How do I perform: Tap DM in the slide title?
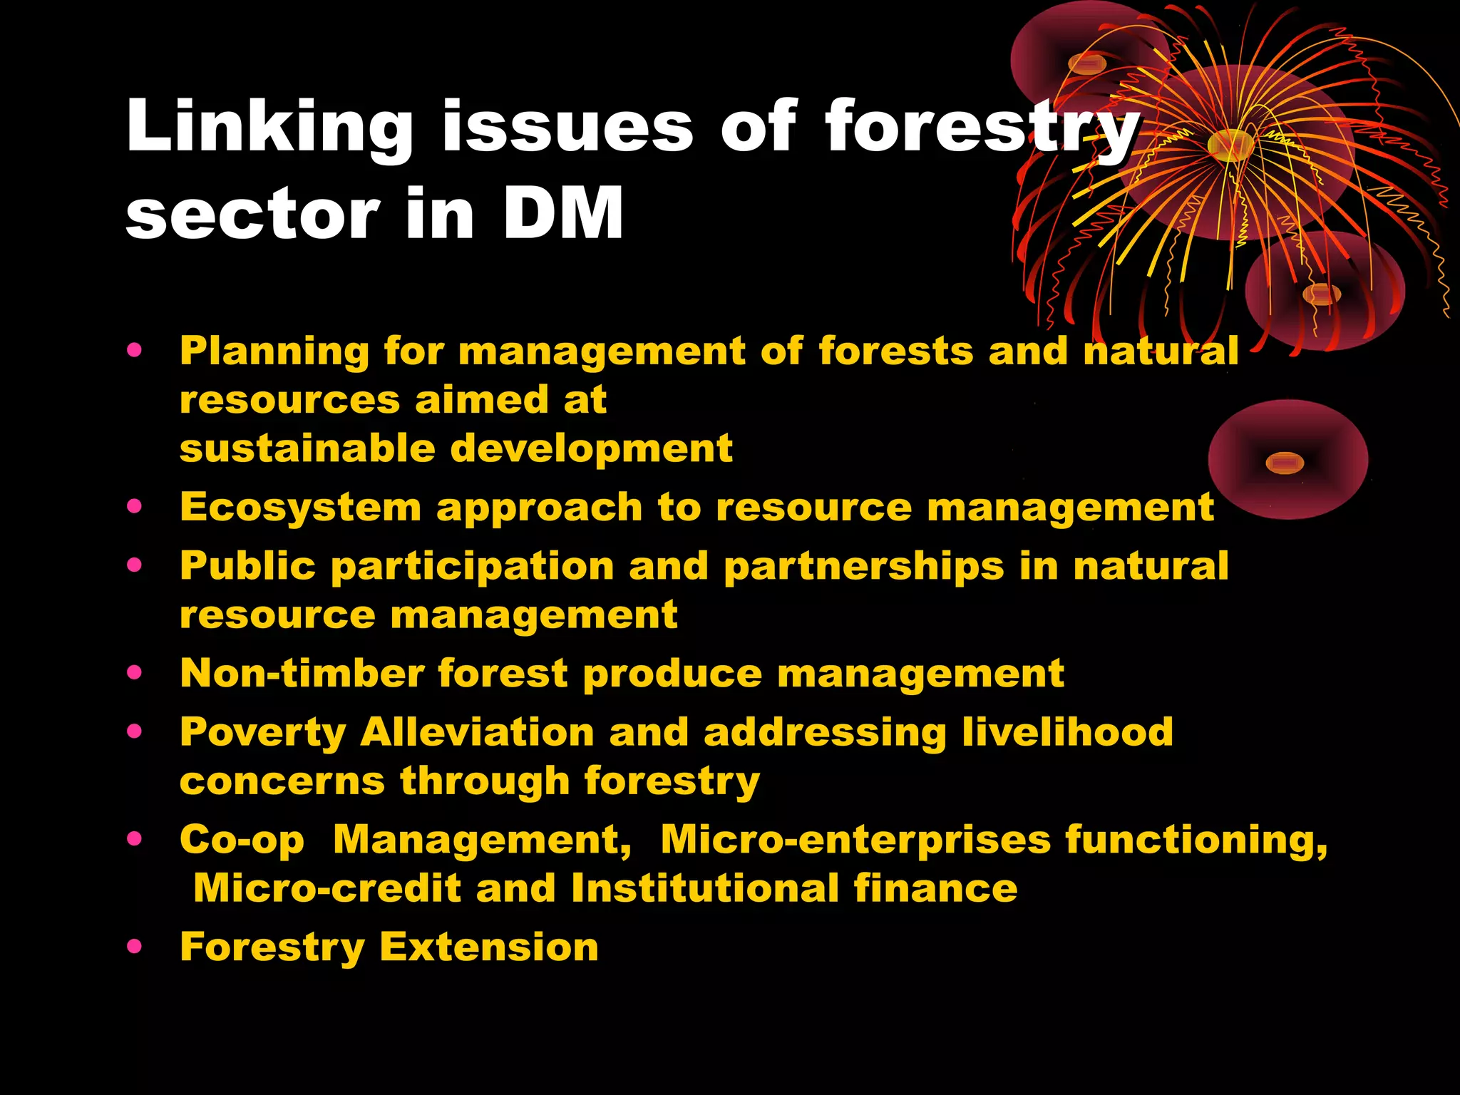pos(562,213)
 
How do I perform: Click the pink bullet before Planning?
pos(134,351)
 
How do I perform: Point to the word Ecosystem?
pos(300,508)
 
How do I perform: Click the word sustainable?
pos(307,448)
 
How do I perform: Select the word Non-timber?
pos(302,673)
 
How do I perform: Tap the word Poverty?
pos(262,733)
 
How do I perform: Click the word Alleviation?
pos(477,732)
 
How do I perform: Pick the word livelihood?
pos(1066,732)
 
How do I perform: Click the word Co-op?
pos(242,840)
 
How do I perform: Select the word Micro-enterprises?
pos(855,840)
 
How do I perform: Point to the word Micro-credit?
pos(327,889)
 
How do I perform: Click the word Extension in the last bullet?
pos(489,947)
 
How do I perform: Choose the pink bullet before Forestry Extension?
pos(134,947)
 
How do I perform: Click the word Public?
pos(247,566)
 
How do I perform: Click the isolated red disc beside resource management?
pos(1287,460)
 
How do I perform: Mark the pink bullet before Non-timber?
pos(134,672)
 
